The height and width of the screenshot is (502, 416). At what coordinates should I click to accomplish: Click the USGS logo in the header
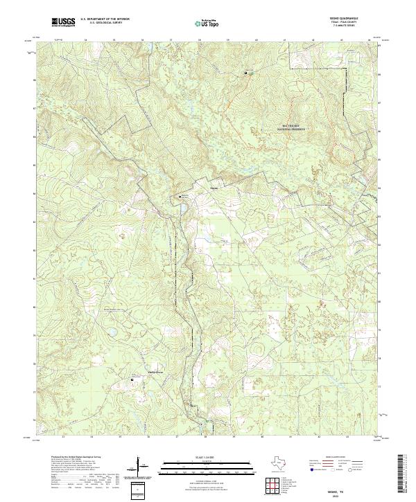coord(64,22)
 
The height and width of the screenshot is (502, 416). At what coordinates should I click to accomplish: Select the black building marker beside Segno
coord(183,197)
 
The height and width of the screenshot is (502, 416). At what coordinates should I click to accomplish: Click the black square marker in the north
coord(245,72)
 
